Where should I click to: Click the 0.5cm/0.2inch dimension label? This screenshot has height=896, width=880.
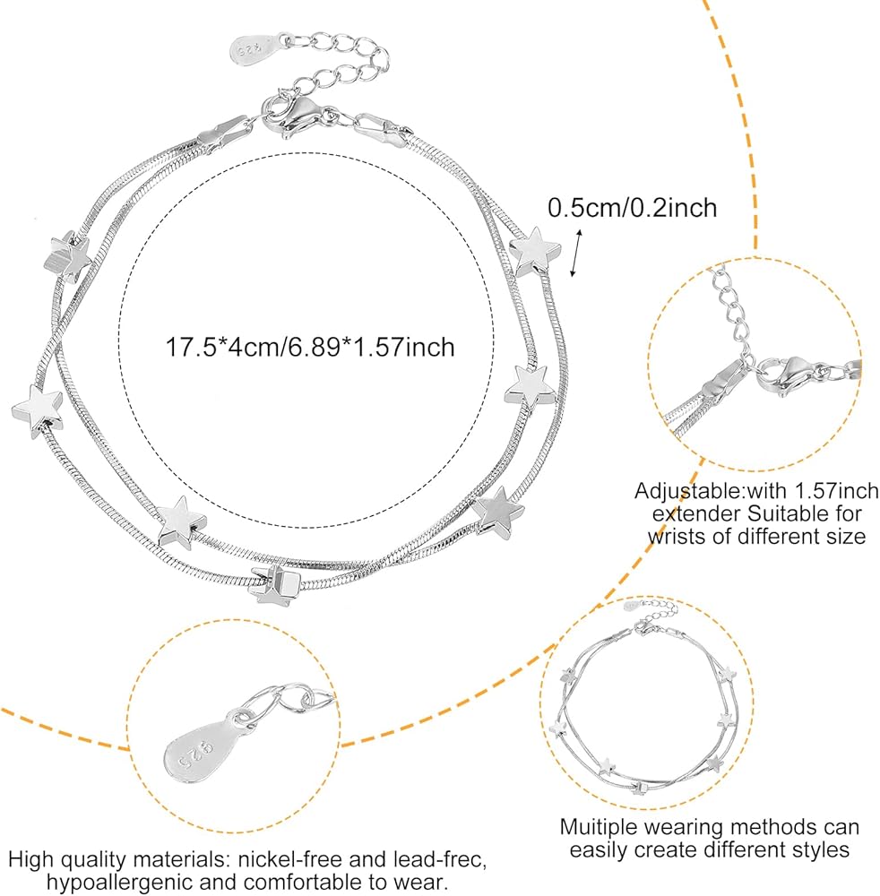click(633, 208)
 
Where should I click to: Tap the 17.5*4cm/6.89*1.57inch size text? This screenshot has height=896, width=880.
click(310, 346)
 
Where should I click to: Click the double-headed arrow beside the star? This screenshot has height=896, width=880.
click(576, 254)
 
